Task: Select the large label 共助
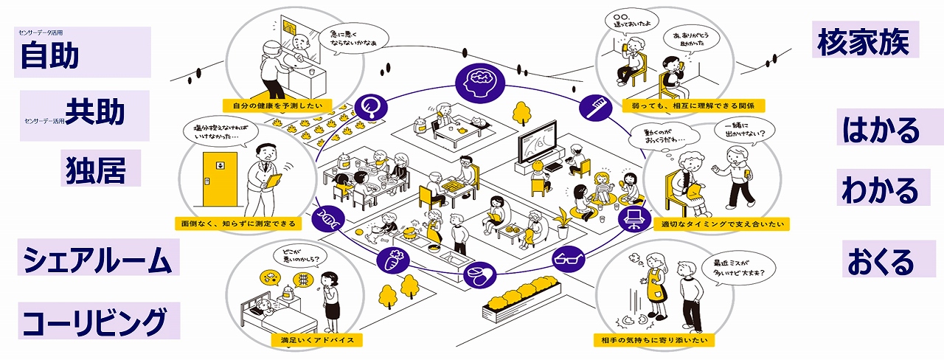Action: (95, 112)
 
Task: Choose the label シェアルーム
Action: (97, 260)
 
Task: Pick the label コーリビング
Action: (94, 322)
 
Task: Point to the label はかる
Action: (881, 130)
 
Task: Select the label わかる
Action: (880, 190)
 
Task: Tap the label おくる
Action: (881, 260)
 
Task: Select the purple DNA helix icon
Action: (325, 218)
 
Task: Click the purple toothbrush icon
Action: (591, 106)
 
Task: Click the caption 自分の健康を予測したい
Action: (277, 105)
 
